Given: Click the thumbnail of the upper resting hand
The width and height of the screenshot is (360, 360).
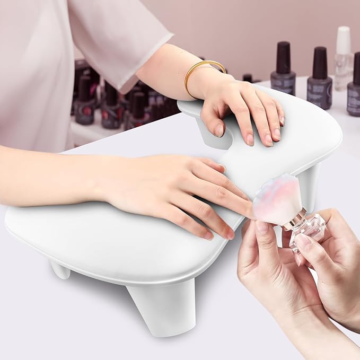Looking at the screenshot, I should pos(219,130).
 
